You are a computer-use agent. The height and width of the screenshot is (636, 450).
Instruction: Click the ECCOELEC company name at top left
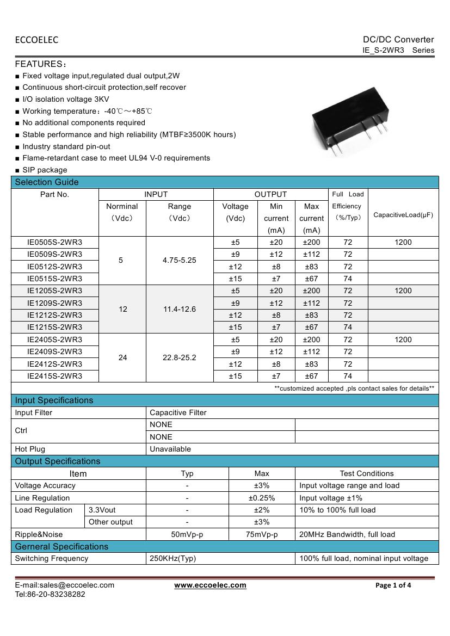click(x=36, y=40)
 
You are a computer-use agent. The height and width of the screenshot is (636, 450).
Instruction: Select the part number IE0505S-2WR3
click(x=55, y=242)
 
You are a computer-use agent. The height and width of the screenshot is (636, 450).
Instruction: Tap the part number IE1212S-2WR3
click(x=55, y=315)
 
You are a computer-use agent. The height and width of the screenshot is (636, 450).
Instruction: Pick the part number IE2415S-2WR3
click(x=55, y=376)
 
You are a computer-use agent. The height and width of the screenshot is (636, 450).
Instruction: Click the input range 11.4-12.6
click(x=179, y=309)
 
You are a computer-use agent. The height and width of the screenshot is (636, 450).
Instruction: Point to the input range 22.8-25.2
click(x=179, y=358)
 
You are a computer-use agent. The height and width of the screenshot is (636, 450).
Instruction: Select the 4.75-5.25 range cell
click(x=179, y=260)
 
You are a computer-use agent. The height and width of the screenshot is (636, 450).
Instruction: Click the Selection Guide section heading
click(x=47, y=182)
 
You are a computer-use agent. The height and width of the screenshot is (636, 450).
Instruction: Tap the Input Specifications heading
click(x=54, y=400)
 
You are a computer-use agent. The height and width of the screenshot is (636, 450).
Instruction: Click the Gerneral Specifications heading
click(x=61, y=546)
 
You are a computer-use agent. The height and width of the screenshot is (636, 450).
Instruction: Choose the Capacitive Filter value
click(x=178, y=412)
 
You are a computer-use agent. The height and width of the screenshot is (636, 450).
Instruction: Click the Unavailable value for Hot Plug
click(x=170, y=449)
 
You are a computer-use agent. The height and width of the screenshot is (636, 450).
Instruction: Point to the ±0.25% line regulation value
click(x=262, y=498)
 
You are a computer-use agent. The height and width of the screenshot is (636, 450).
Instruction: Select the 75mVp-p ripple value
click(x=262, y=534)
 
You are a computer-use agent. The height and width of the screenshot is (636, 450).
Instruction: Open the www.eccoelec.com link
click(x=210, y=585)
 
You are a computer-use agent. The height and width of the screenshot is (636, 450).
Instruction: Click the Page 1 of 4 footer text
click(x=393, y=585)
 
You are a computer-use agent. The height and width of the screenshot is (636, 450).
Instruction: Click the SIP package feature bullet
click(x=45, y=170)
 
